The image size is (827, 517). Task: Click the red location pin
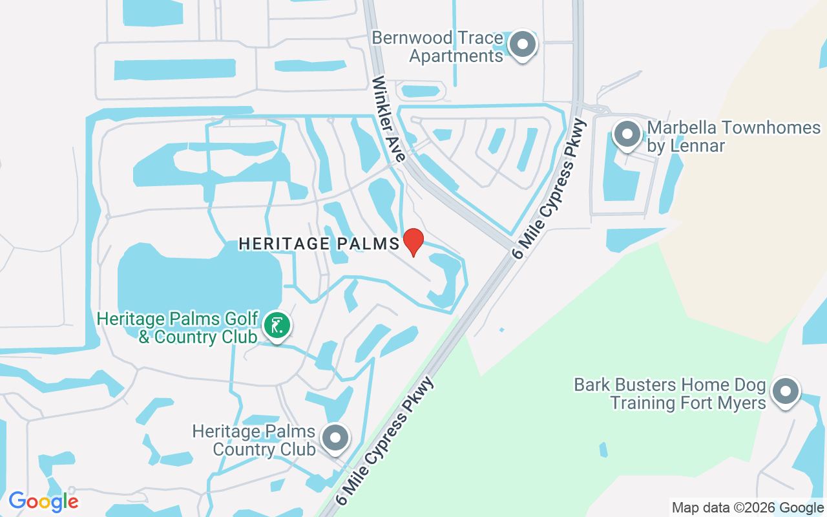click(413, 241)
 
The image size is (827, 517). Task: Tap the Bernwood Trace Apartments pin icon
click(523, 45)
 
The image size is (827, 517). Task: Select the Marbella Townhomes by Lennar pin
click(626, 135)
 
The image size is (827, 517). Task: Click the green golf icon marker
click(277, 326)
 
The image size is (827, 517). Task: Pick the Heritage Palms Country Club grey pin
click(335, 438)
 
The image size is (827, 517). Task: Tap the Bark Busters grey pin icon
click(785, 392)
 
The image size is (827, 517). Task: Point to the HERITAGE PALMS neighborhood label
click(319, 244)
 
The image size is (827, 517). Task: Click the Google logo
click(43, 501)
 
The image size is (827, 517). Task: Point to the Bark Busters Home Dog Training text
click(670, 394)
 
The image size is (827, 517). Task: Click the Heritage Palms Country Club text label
click(254, 439)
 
